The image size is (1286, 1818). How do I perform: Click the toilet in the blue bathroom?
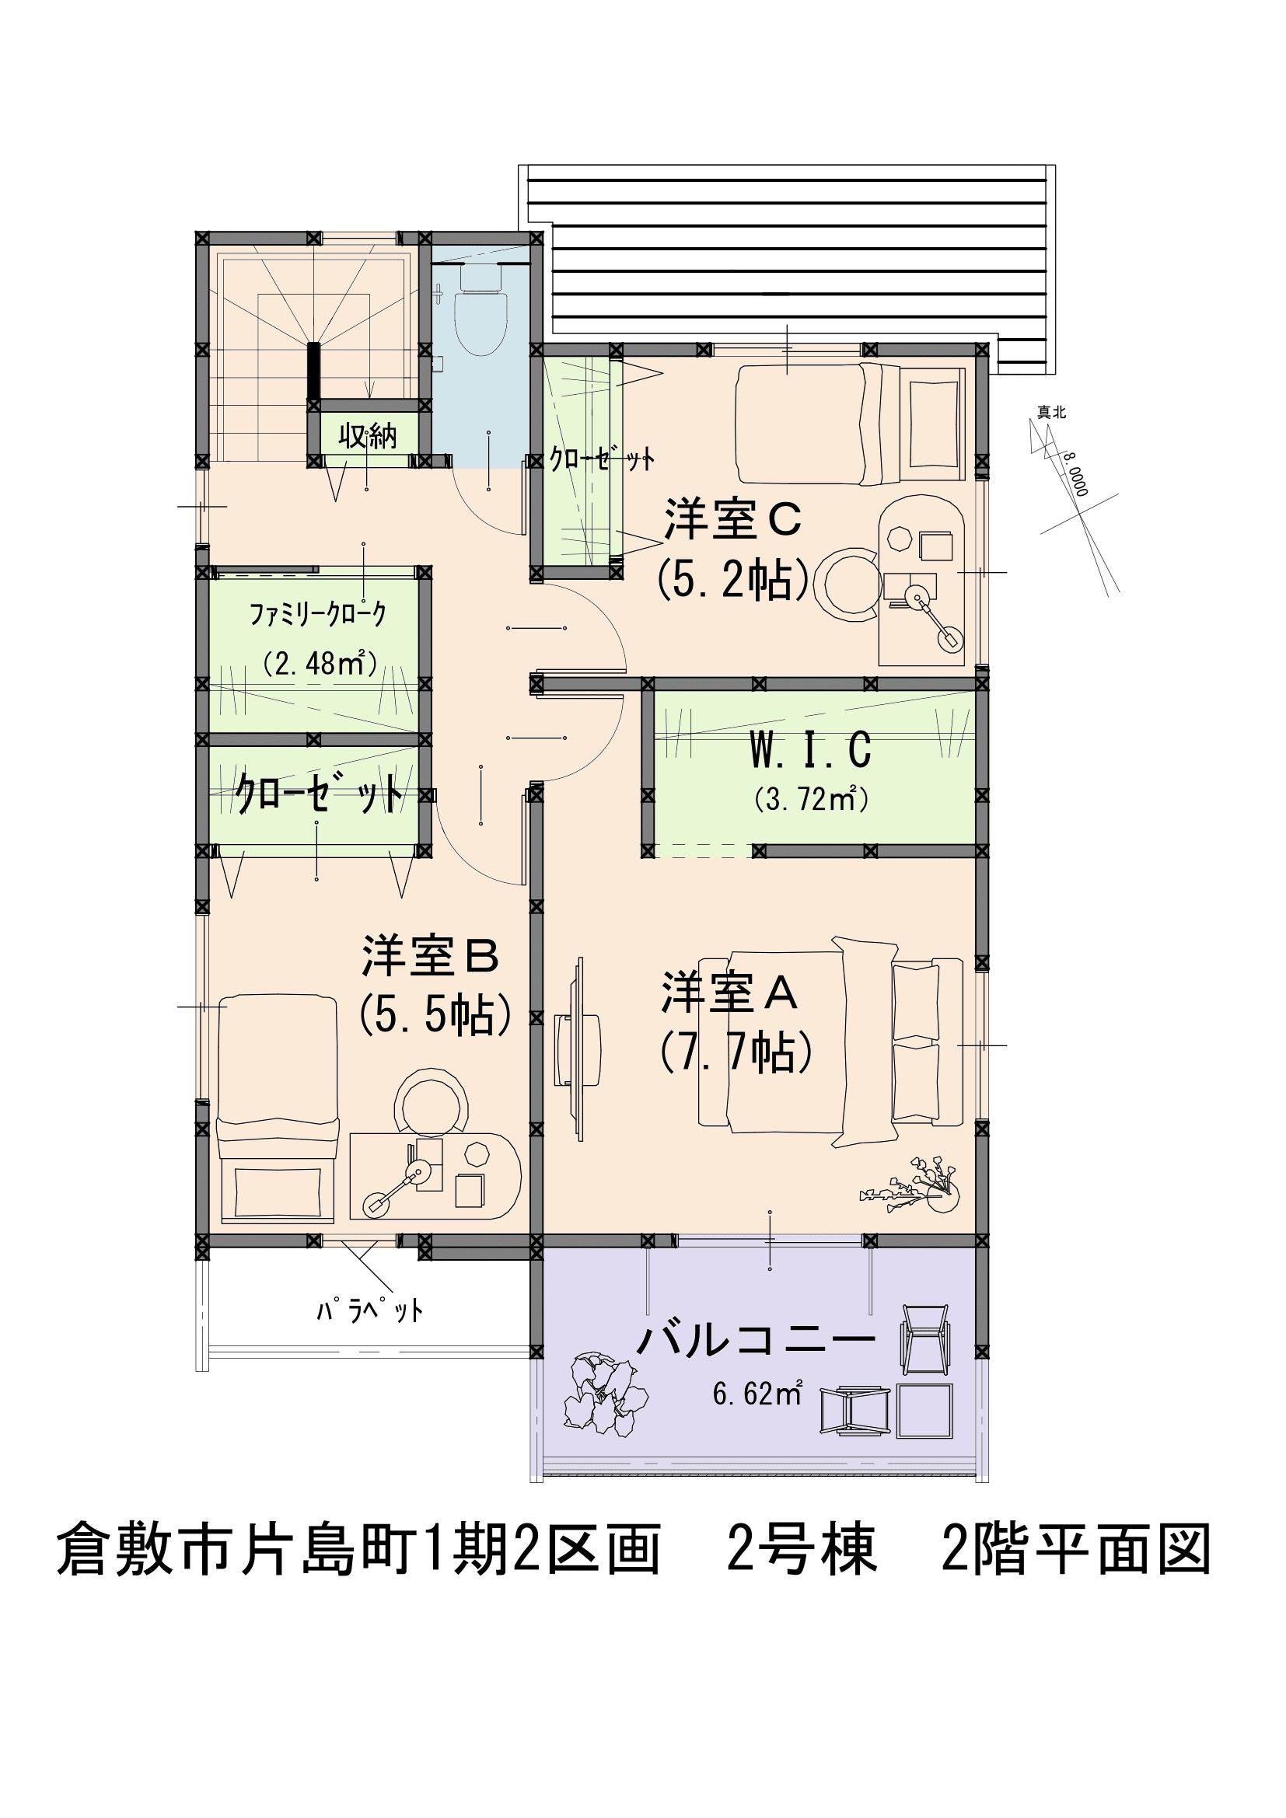tap(480, 309)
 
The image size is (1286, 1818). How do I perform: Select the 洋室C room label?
tap(733, 519)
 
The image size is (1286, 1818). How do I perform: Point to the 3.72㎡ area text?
tap(812, 799)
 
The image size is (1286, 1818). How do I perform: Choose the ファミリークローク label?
tap(318, 614)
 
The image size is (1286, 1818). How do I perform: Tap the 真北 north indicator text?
tap(1052, 412)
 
